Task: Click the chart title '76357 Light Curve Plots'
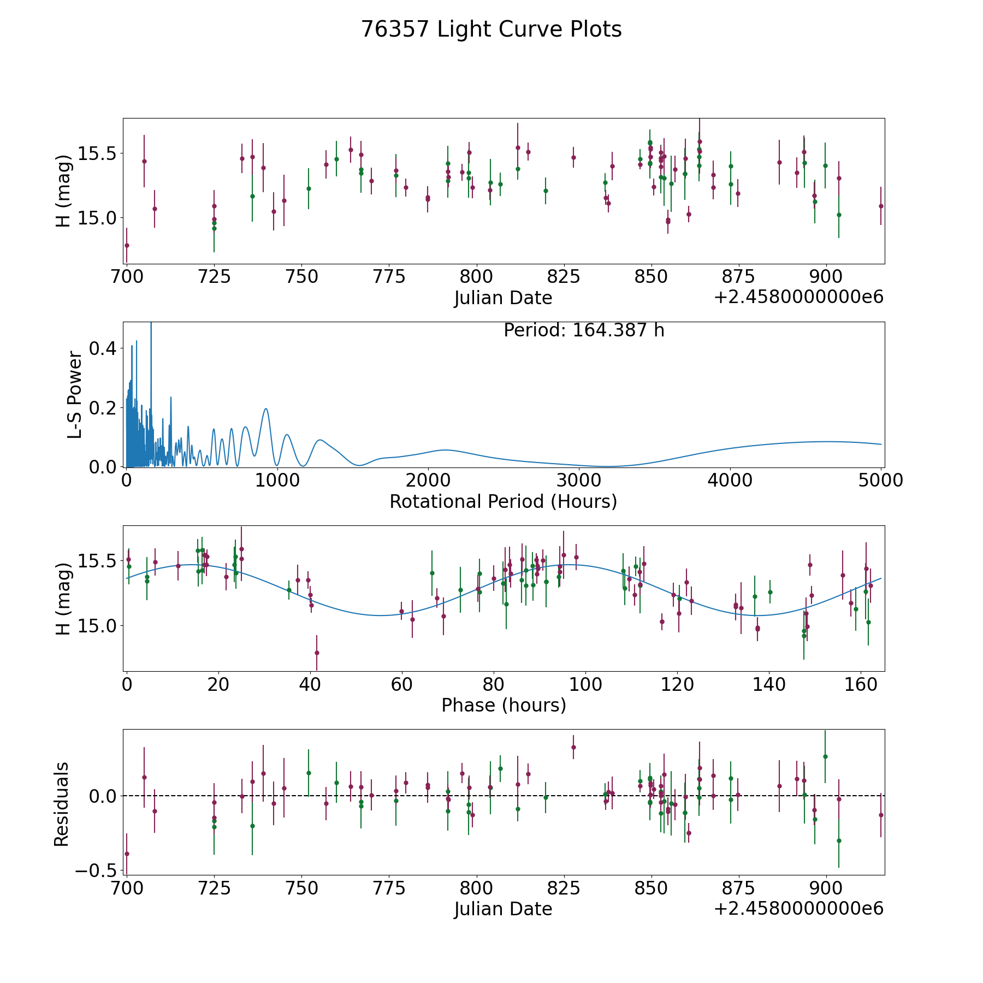coord(491,29)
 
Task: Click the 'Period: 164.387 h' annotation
coord(584,330)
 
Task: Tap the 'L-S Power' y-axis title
coord(75,394)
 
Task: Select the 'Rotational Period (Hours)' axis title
coord(503,501)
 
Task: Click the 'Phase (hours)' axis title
coord(503,705)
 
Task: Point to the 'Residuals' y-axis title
coord(62,804)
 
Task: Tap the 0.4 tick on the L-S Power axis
coord(104,348)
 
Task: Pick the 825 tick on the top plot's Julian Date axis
coord(564,277)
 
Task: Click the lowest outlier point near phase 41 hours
coord(317,653)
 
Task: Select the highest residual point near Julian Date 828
coord(573,747)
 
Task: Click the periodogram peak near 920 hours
coord(266,408)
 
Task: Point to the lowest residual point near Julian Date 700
coord(127,854)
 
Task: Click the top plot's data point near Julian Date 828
coord(573,157)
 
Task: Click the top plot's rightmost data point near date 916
coord(881,206)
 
